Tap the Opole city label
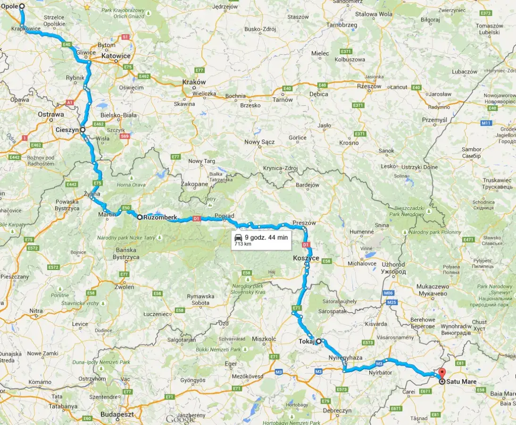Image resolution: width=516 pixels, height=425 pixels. (x=9, y=7)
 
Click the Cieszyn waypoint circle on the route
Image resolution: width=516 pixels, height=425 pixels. (x=83, y=129)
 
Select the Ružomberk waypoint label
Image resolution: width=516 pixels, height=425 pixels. (x=161, y=217)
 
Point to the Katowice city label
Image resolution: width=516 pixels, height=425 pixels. (x=116, y=56)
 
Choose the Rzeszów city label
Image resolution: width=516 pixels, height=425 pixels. (x=369, y=86)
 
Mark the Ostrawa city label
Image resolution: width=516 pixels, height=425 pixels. (x=51, y=114)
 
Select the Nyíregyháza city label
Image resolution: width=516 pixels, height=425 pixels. (x=346, y=357)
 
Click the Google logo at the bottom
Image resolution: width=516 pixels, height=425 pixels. (x=181, y=419)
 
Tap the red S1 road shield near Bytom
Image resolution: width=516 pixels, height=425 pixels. (x=125, y=37)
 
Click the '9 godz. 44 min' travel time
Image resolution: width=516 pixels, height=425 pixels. (x=266, y=238)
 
